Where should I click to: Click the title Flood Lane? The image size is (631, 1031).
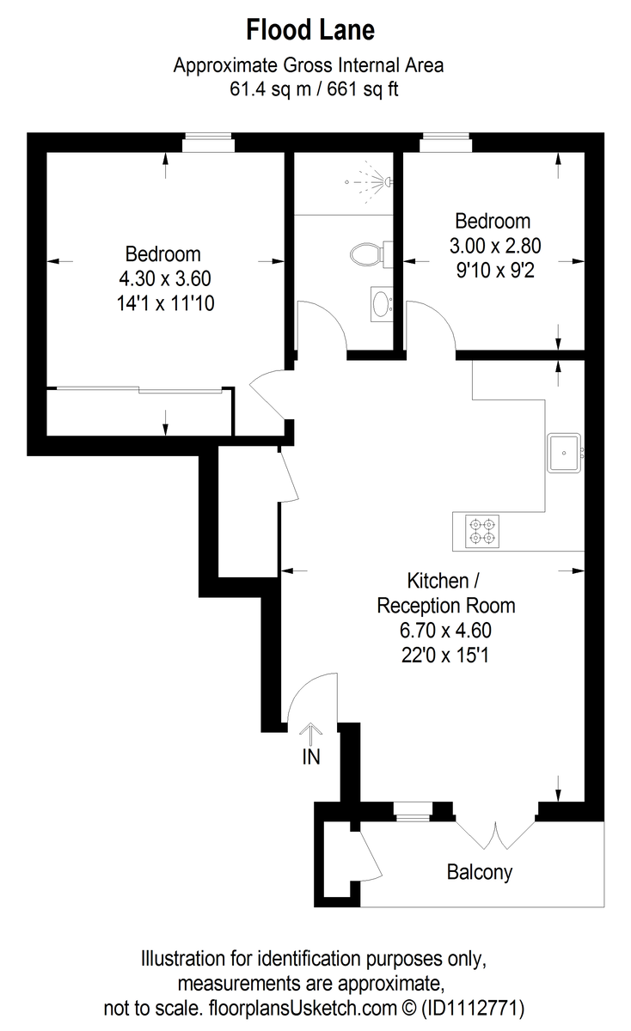pyautogui.click(x=310, y=31)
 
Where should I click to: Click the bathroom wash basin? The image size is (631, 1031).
pyautogui.click(x=381, y=303)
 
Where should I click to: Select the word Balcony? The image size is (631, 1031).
pyautogui.click(x=479, y=872)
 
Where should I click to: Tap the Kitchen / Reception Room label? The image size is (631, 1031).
pyautogui.click(x=446, y=592)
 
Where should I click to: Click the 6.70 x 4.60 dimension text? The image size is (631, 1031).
pyautogui.click(x=446, y=630)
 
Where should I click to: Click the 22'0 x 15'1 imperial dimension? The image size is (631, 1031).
pyautogui.click(x=446, y=655)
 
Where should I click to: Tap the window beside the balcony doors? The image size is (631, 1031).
pyautogui.click(x=412, y=808)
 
